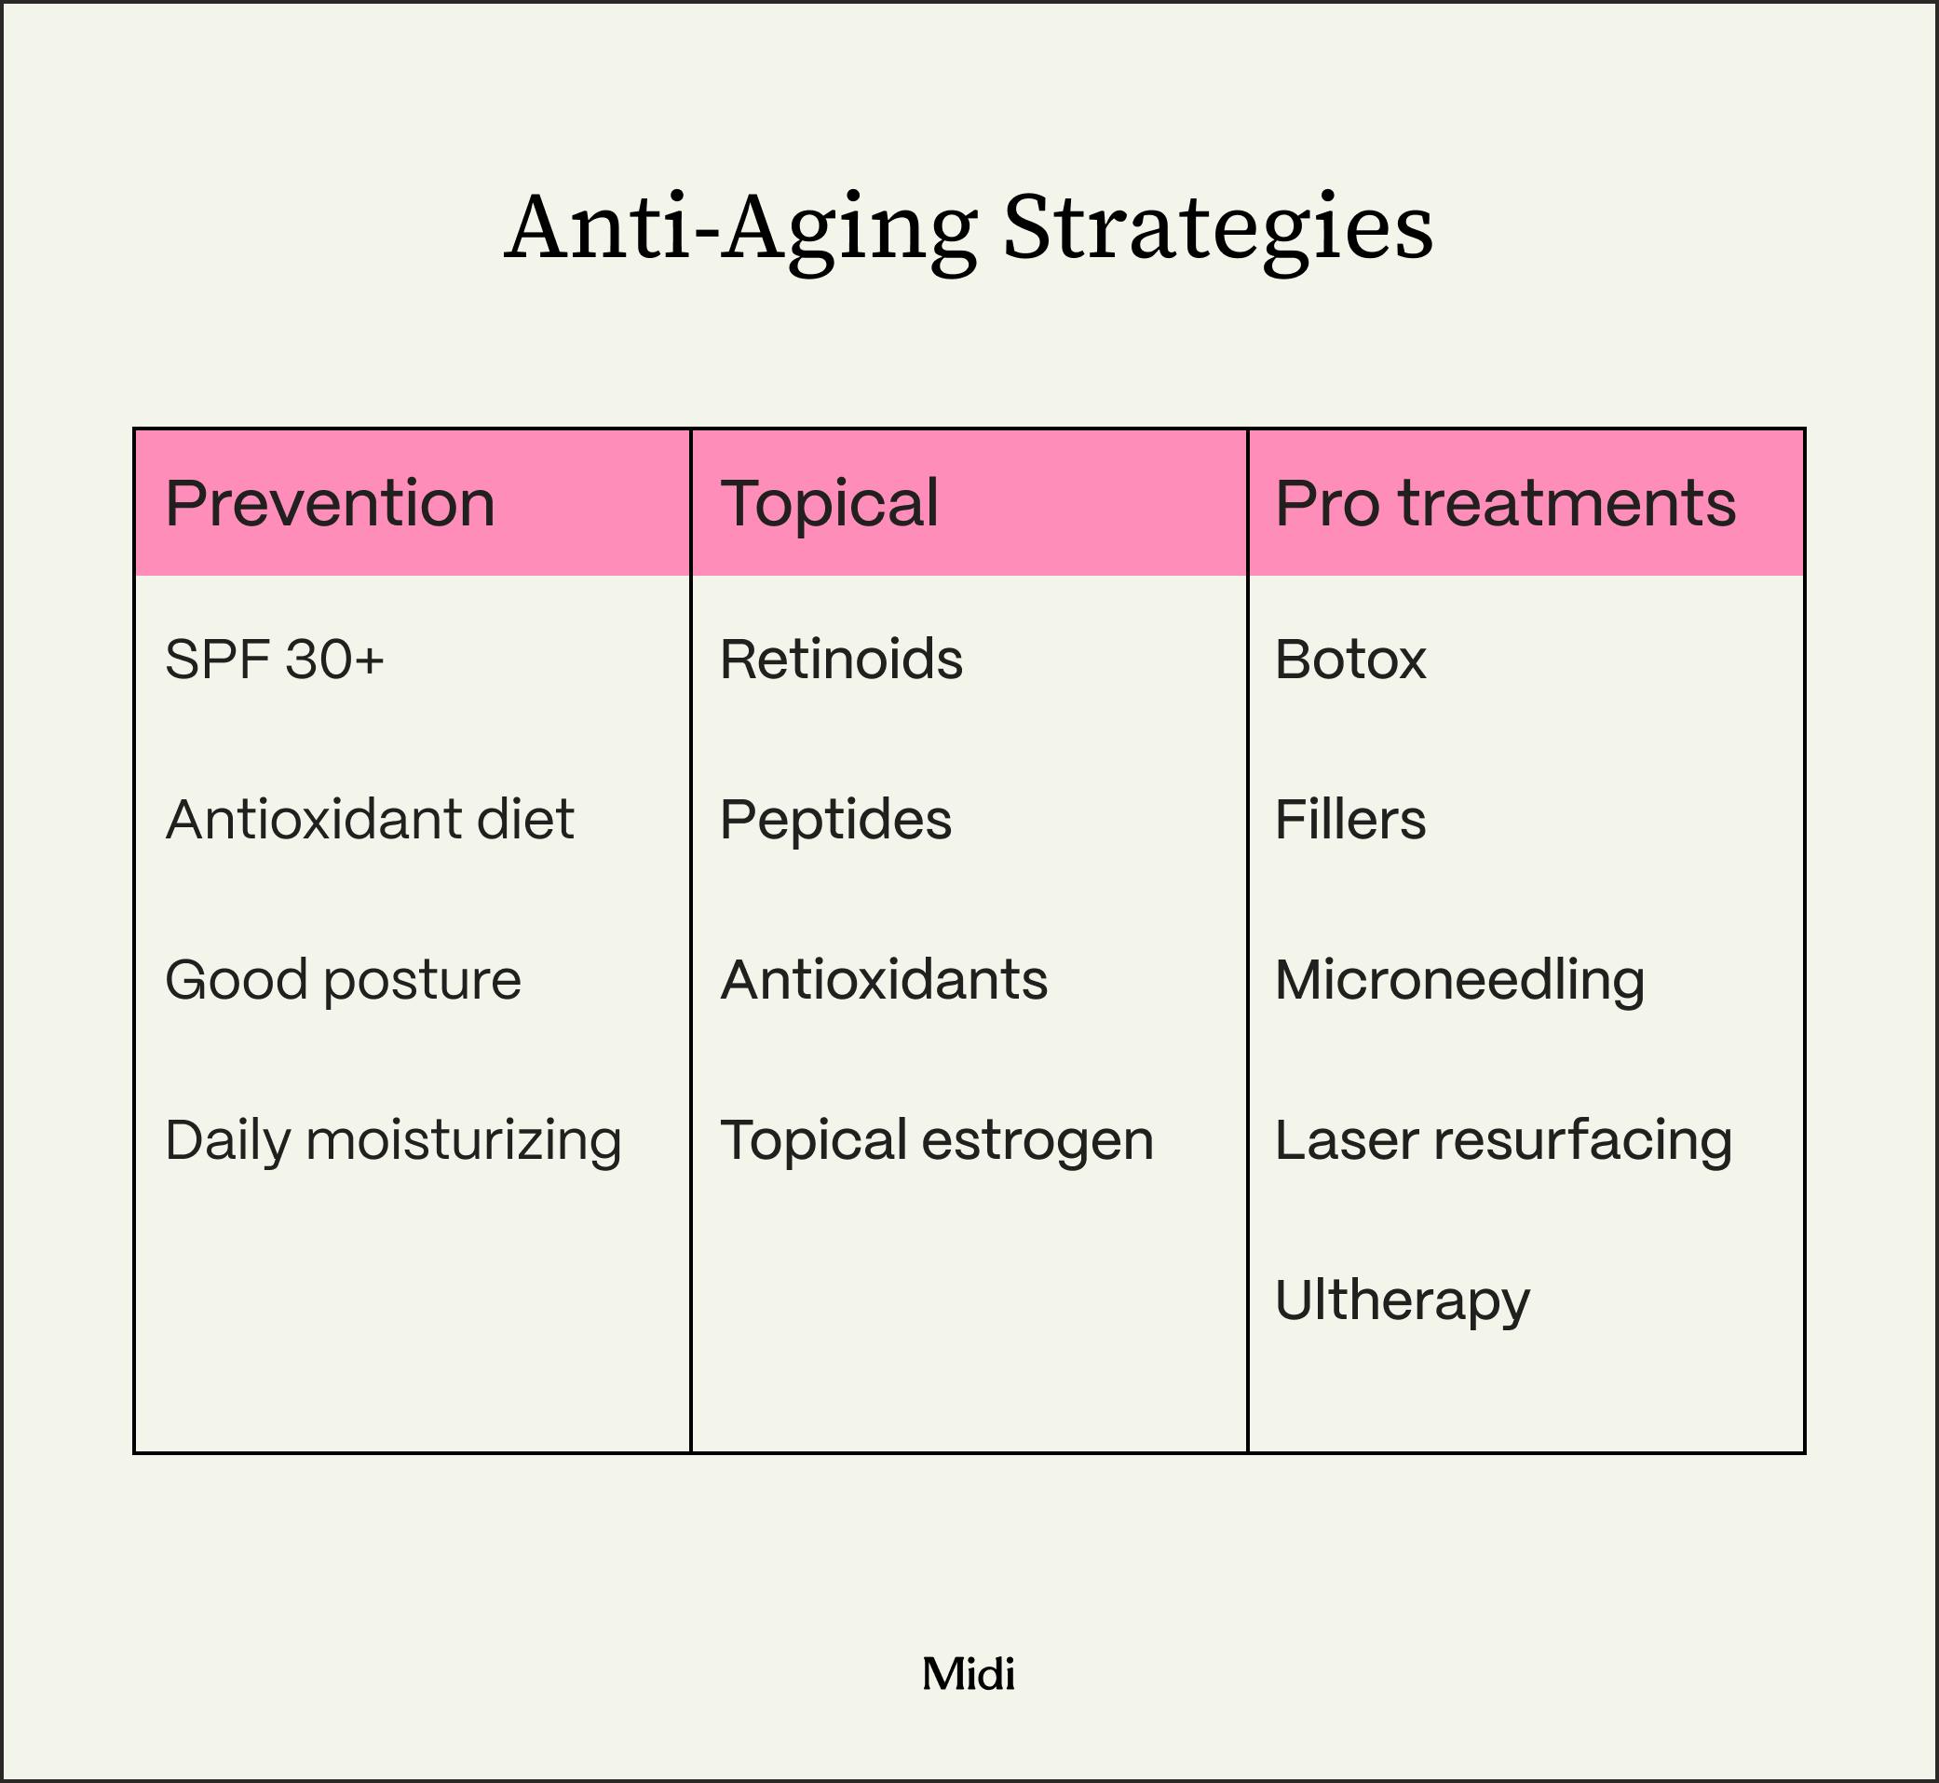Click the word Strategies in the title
pyautogui.click(x=1218, y=232)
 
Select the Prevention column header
pyautogui.click(x=330, y=504)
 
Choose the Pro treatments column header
pyautogui.click(x=1505, y=504)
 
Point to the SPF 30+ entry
pyautogui.click(x=275, y=660)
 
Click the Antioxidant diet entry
pyautogui.click(x=370, y=820)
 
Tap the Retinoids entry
pyautogui.click(x=841, y=660)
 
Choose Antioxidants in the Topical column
pyautogui.click(x=884, y=980)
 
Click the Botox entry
pyautogui.click(x=1350, y=660)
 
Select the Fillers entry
pyautogui.click(x=1350, y=820)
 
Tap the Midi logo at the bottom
pyautogui.click(x=969, y=1674)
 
